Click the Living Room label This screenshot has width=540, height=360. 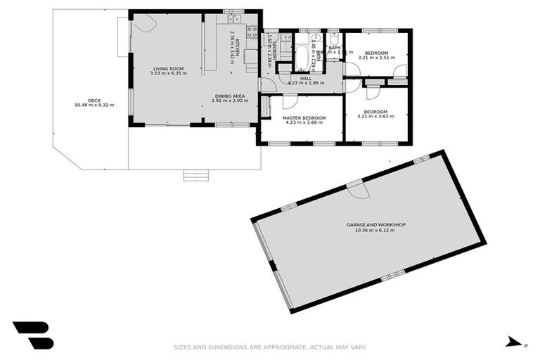click(x=168, y=68)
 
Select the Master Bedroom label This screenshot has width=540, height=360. click(x=304, y=117)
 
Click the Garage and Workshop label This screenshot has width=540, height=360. click(x=375, y=225)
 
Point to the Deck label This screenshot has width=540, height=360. click(x=94, y=100)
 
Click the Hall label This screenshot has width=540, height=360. click(x=305, y=78)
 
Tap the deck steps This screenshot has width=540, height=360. click(x=195, y=174)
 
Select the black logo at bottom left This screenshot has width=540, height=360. click(x=33, y=335)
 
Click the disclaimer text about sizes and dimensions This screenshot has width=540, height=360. click(x=270, y=347)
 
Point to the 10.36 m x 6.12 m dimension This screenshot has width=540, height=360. click(x=375, y=230)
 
